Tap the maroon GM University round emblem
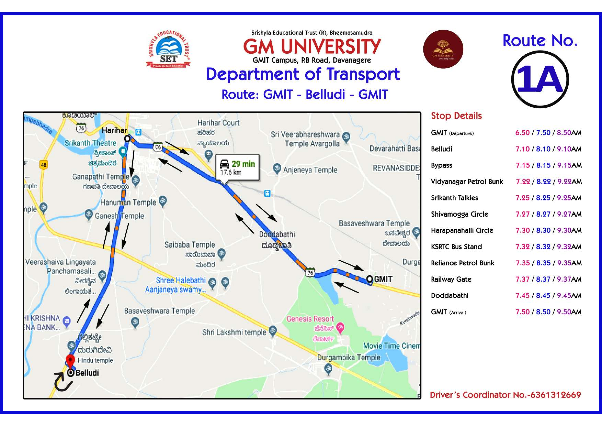tap(443, 49)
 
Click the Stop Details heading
tap(456, 116)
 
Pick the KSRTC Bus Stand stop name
tap(456, 247)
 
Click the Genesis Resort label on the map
tap(310, 319)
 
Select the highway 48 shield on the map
tap(43, 165)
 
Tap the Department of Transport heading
tap(303, 74)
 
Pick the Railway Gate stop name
tap(451, 279)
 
